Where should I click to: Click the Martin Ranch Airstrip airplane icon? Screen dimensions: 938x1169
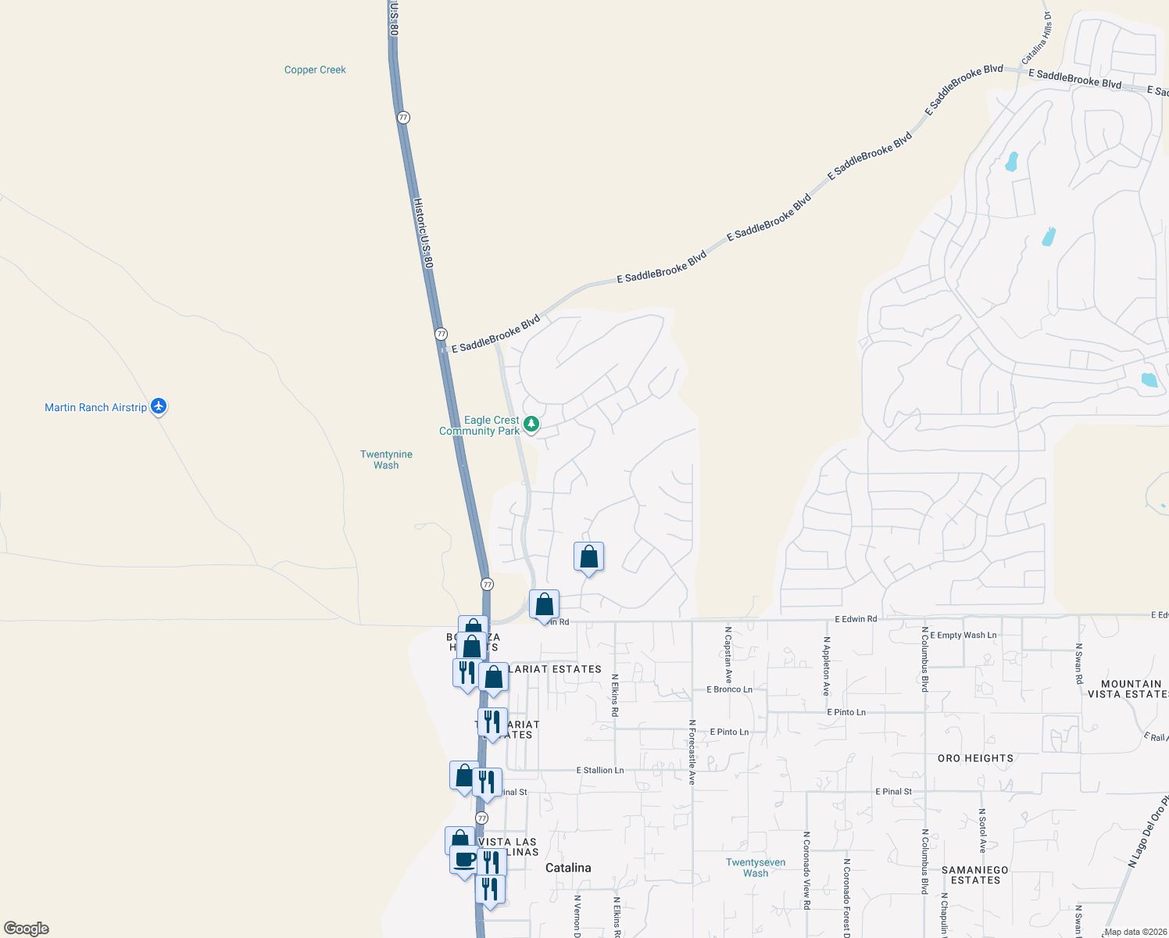coord(159,406)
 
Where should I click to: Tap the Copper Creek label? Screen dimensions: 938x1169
coord(315,70)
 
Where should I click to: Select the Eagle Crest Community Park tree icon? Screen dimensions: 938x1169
coord(531,424)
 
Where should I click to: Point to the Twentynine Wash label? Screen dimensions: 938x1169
coord(386,460)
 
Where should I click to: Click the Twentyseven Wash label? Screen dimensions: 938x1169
coord(755,868)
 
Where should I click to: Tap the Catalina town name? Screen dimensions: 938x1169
coord(568,868)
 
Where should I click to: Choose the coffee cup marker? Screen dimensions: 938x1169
coord(464,860)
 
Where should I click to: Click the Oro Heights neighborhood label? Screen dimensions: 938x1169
coord(975,758)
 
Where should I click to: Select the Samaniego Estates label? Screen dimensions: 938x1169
coord(975,875)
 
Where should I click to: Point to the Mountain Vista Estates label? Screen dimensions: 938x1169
coord(1131,689)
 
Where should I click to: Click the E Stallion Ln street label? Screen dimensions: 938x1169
coord(600,770)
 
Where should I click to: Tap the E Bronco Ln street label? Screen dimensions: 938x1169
coord(729,689)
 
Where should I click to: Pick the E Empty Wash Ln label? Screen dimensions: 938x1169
coord(963,635)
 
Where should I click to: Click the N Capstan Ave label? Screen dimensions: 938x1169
coord(728,655)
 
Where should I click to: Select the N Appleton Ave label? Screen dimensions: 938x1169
coord(826,666)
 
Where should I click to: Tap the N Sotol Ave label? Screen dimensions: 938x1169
coord(982,831)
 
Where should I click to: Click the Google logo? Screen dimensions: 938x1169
coord(27,929)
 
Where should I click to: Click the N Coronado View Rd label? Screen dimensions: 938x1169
coord(806,870)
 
